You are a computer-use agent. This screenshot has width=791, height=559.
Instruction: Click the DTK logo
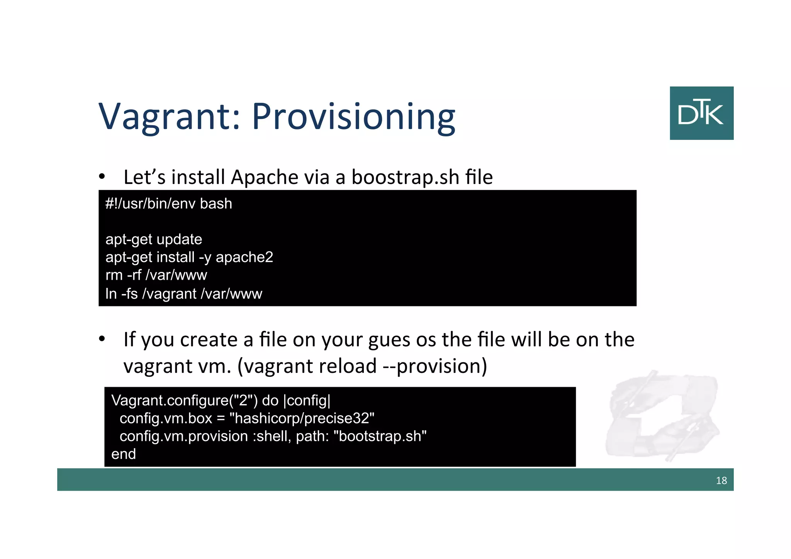tap(701, 113)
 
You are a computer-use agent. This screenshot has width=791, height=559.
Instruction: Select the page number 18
tap(721, 480)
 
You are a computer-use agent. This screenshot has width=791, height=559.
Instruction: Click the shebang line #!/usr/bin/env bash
tap(169, 204)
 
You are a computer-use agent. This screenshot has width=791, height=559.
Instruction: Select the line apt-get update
tap(154, 240)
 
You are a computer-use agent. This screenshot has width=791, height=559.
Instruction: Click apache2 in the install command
tap(244, 257)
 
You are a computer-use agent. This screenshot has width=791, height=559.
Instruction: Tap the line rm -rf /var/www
tap(156, 275)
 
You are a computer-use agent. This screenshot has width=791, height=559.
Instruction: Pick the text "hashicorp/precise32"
tap(302, 418)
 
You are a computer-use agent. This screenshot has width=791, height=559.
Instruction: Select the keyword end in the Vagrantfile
tap(124, 454)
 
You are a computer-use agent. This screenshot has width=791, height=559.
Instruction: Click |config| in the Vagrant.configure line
tap(307, 401)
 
